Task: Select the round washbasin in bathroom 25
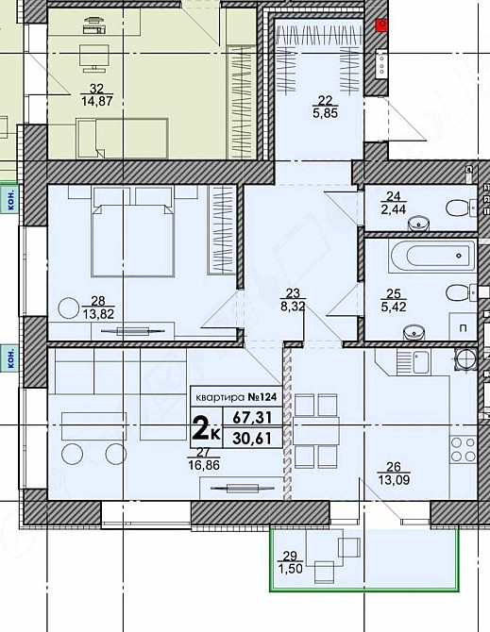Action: point(412,331)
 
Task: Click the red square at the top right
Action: point(380,25)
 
